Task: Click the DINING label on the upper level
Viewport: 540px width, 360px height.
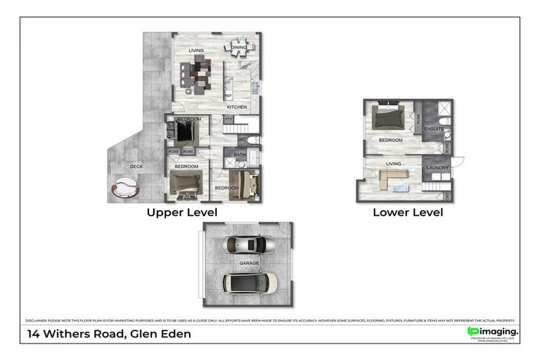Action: pos(238,47)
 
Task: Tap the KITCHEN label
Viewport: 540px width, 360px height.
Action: pos(236,106)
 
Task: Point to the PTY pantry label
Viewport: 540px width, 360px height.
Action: pos(229,120)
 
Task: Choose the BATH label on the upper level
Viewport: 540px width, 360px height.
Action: pos(240,155)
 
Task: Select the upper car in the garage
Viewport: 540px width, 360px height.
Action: pos(249,245)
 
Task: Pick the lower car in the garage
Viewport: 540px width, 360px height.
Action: pos(250,282)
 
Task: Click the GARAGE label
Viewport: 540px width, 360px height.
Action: pos(249,263)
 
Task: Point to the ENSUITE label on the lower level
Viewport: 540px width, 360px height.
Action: pos(434,129)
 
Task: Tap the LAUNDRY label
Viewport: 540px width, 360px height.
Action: pos(437,167)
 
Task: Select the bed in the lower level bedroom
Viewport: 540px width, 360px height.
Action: pos(388,116)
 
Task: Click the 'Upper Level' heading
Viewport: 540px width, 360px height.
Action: pos(181,212)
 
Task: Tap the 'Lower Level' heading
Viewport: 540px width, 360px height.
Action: pos(408,212)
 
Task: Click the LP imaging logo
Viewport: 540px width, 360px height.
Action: pos(493,332)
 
